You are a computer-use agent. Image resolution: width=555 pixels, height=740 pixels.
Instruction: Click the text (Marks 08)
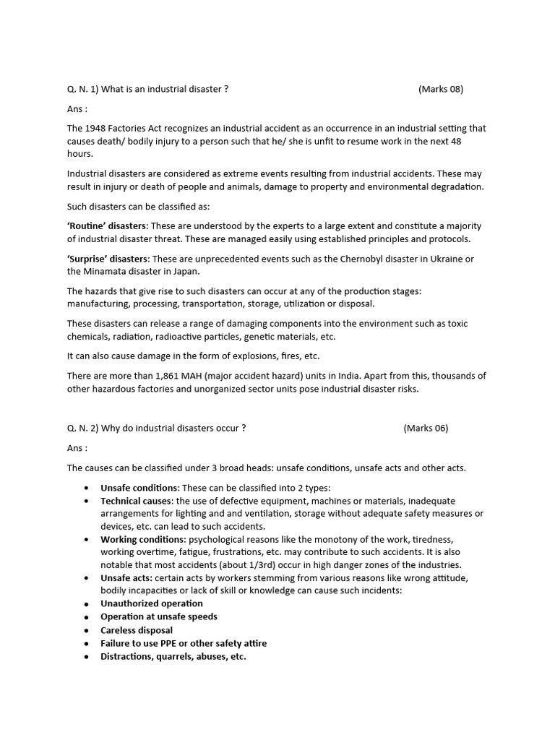pos(440,89)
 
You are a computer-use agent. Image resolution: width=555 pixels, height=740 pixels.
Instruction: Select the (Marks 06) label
pos(426,428)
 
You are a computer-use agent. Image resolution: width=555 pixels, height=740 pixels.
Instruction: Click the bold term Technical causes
pos(137,501)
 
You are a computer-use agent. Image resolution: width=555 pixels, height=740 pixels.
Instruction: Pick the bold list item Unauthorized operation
pos(152,603)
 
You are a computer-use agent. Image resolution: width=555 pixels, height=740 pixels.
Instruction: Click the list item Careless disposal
pos(137,630)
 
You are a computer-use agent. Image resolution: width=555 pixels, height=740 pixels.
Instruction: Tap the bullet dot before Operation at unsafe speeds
pos(85,617)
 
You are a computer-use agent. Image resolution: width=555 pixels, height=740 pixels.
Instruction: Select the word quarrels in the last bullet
pos(176,657)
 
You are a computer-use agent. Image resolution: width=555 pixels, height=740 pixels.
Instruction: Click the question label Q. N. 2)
pos(82,428)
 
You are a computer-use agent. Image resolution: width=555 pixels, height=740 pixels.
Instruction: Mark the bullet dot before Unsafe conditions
pos(85,488)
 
